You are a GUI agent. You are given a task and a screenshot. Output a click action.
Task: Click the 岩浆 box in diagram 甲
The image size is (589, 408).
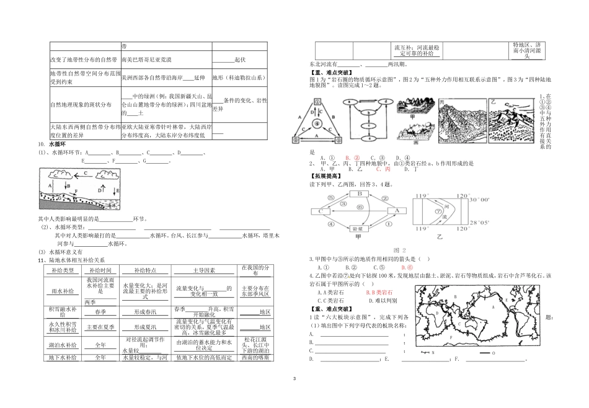coord(357,229)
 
